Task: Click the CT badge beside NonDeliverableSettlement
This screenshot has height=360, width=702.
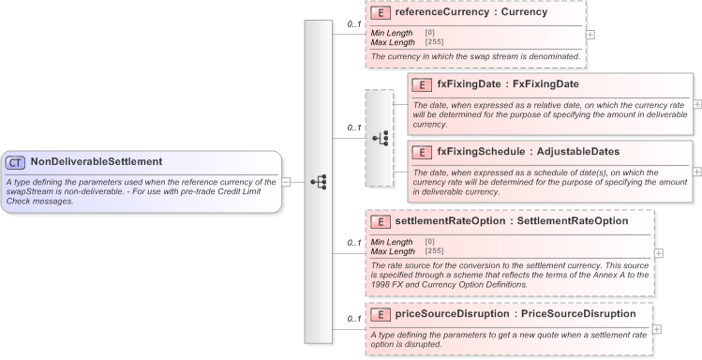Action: pyautogui.click(x=16, y=161)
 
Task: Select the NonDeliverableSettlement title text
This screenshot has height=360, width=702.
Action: pyautogui.click(x=96, y=161)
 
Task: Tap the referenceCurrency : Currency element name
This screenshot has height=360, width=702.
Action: pyautogui.click(x=470, y=13)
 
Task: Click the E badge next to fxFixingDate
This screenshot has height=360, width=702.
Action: pyautogui.click(x=421, y=84)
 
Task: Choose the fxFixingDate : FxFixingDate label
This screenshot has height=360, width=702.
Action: pyautogui.click(x=502, y=84)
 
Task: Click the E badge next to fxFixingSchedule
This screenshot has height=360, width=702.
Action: pyautogui.click(x=421, y=151)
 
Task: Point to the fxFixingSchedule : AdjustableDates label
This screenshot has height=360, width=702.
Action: pyautogui.click(x=528, y=151)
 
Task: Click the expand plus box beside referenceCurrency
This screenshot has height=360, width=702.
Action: pyautogui.click(x=590, y=34)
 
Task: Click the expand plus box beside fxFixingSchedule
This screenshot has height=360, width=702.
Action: pyautogui.click(x=697, y=172)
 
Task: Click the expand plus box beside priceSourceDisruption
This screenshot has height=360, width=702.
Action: pyautogui.click(x=656, y=329)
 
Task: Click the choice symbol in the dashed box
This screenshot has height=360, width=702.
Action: pyautogui.click(x=381, y=138)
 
